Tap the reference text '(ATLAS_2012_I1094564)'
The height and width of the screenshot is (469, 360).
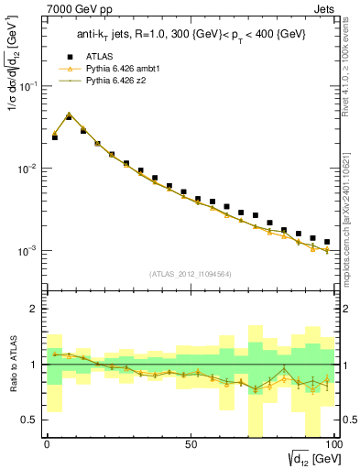click(191, 273)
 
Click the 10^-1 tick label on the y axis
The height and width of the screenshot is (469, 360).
click(27, 87)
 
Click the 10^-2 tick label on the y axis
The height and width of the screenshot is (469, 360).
click(27, 169)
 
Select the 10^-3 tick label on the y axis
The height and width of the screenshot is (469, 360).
click(27, 251)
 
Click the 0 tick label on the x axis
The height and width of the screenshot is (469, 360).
click(47, 443)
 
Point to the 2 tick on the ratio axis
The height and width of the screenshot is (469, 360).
click(35, 310)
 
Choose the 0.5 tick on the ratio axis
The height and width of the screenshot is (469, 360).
click(31, 420)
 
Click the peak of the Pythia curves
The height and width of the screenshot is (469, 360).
click(69, 115)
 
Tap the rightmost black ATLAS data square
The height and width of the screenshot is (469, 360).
click(327, 242)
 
